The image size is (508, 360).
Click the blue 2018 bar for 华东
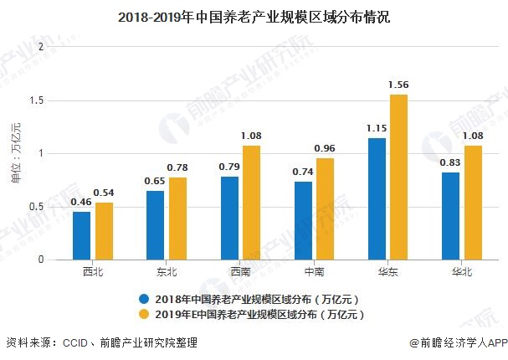tap(377, 198)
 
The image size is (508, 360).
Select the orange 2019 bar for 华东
tap(399, 177)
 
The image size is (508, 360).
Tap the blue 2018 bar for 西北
tap(81, 235)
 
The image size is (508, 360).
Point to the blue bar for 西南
tap(229, 218)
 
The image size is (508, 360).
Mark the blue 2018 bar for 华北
tap(450, 215)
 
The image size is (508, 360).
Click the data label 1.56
tap(399, 85)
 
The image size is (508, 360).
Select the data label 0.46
tap(81, 202)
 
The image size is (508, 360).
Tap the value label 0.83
tap(450, 162)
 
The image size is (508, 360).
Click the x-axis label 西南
tap(240, 272)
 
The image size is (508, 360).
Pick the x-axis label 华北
tap(461, 272)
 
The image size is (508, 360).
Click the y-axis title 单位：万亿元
tap(14, 153)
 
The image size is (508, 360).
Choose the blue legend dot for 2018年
tap(145, 298)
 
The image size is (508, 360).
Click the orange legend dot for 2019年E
tap(145, 314)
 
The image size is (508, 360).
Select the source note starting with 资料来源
tap(101, 342)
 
